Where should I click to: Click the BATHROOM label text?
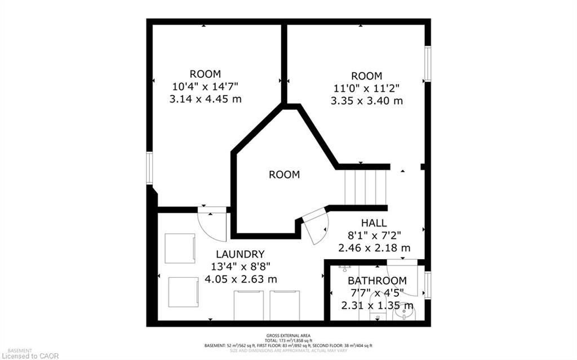coord(377,281)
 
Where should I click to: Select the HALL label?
coord(374,223)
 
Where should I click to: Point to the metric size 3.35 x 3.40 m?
coord(367,101)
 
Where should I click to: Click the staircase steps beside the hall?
coord(365,187)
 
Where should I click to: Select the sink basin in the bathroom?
coord(403,311)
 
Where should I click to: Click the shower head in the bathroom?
coord(345,266)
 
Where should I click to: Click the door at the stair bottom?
coord(317,225)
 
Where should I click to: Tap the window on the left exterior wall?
coord(149,168)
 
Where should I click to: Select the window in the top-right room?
coord(428,64)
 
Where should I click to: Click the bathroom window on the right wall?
coord(428,285)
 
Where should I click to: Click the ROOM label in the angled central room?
coord(284,175)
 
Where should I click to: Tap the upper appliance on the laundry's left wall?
coord(180,248)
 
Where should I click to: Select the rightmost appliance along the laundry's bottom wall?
coord(285,305)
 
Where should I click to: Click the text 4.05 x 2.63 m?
coord(241,279)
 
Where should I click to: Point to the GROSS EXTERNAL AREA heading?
coord(288,336)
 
